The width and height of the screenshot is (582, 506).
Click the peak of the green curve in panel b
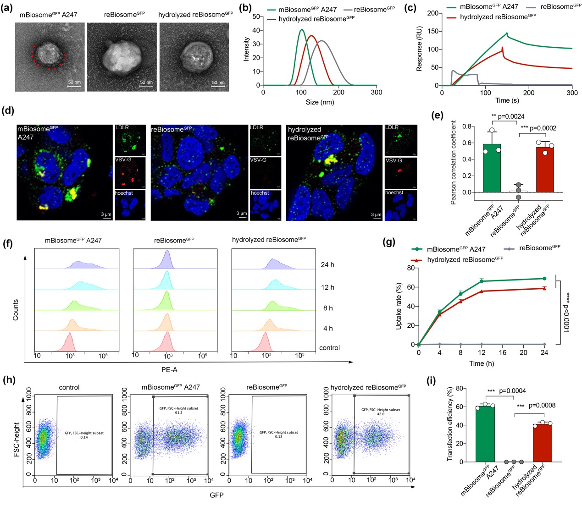pyautogui.click(x=301, y=30)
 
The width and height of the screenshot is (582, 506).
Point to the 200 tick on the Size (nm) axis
pyautogui.click(x=339, y=92)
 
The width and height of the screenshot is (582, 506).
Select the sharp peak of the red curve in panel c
pyautogui.click(x=503, y=47)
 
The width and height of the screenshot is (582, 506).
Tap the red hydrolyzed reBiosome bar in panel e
pyautogui.click(x=545, y=170)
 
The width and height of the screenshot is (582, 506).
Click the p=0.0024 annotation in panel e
pyautogui.click(x=508, y=117)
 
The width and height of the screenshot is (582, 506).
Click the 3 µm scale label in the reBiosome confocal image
pyautogui.click(x=241, y=214)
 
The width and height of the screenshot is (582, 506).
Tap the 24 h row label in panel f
pyautogui.click(x=327, y=265)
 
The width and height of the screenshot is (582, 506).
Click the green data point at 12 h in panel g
pyautogui.click(x=482, y=281)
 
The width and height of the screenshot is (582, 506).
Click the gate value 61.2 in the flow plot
pyautogui.click(x=178, y=412)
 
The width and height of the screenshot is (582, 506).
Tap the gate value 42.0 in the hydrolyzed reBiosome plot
pyautogui.click(x=380, y=414)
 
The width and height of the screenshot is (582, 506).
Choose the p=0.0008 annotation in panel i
pyautogui.click(x=542, y=406)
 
